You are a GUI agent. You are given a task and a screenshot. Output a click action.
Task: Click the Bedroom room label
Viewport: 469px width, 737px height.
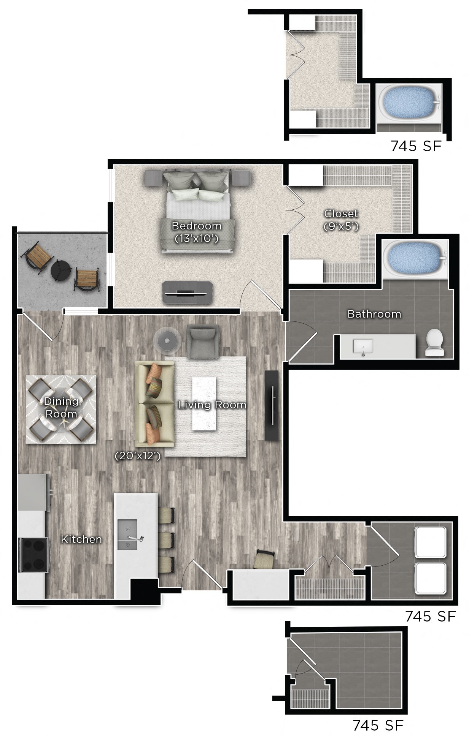(x=196, y=226)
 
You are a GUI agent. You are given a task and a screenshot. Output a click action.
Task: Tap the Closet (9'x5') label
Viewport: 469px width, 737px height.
(x=341, y=220)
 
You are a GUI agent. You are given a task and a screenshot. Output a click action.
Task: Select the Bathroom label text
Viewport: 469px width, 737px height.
(x=374, y=314)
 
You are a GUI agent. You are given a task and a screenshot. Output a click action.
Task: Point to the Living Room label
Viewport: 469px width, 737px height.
(x=212, y=405)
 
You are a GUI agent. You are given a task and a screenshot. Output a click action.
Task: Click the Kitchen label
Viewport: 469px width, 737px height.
(x=81, y=539)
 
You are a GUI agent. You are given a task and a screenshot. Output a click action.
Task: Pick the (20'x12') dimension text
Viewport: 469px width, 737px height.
(x=138, y=456)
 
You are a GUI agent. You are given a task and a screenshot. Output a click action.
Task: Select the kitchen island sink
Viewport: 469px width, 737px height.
(x=127, y=535)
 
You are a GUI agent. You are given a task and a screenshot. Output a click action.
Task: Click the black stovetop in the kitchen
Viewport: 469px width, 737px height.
(x=33, y=555)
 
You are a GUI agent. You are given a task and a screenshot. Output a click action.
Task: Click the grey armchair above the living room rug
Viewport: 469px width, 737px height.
(x=203, y=341)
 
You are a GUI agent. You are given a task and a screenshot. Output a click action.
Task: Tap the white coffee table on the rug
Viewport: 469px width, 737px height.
(x=204, y=403)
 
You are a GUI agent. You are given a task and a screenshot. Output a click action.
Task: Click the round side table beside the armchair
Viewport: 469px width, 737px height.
(x=168, y=339)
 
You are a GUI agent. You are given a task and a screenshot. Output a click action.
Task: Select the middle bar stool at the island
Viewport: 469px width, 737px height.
(x=166, y=540)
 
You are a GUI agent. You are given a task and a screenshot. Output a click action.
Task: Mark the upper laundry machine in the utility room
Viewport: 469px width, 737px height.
(x=431, y=542)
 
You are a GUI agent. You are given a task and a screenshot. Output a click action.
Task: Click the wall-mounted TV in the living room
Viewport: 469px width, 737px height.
(x=272, y=405)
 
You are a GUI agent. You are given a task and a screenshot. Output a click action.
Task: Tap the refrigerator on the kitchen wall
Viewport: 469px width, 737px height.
(x=33, y=492)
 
